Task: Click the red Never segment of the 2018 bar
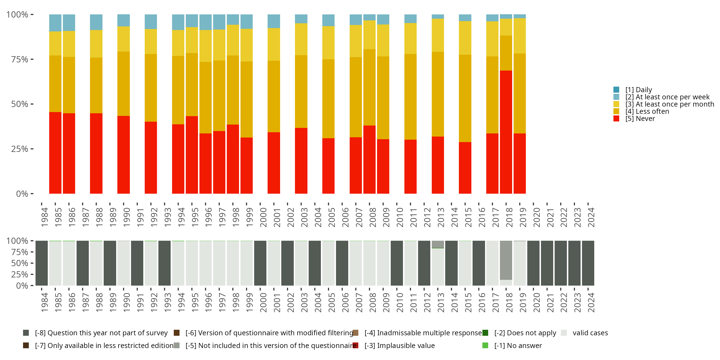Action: click(x=506, y=132)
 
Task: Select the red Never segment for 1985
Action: click(x=55, y=153)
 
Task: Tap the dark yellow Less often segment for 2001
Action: click(x=274, y=96)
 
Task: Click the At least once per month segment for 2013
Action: click(x=438, y=35)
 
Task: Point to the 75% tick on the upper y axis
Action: click(x=32, y=59)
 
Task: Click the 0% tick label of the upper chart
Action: click(x=22, y=194)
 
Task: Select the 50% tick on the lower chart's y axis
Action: click(x=32, y=263)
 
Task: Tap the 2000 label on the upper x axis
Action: click(x=263, y=217)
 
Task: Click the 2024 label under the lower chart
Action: click(x=591, y=302)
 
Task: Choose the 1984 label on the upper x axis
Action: click(x=44, y=217)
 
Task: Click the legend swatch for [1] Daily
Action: click(x=616, y=90)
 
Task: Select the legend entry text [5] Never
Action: click(x=640, y=119)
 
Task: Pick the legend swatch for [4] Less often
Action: click(x=616, y=111)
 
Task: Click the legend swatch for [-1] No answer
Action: click(x=485, y=345)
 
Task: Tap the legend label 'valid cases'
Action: click(x=590, y=333)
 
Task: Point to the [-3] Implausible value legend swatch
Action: click(x=355, y=345)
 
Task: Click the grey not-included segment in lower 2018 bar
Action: click(x=506, y=260)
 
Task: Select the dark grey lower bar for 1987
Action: click(x=83, y=263)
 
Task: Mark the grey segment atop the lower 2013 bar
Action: click(x=438, y=244)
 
